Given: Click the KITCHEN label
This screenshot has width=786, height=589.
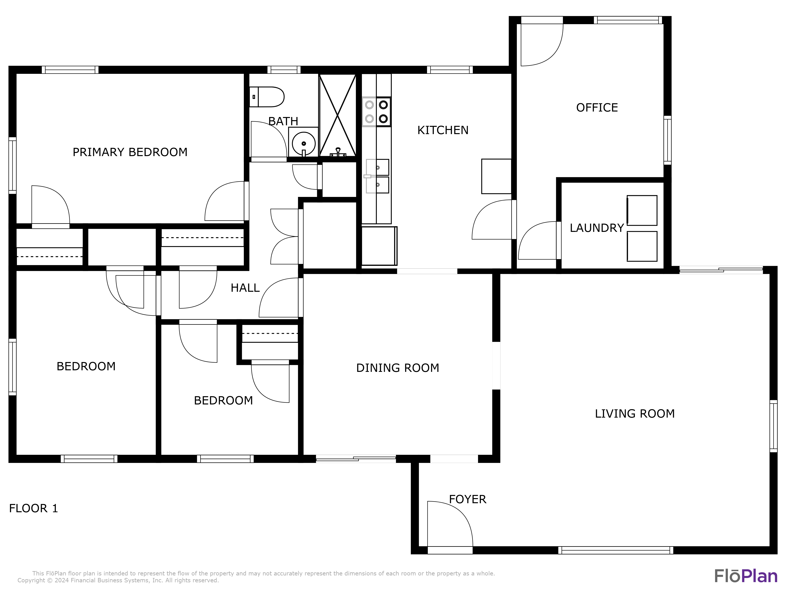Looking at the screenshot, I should [443, 130].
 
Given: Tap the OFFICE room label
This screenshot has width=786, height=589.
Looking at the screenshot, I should [597, 108].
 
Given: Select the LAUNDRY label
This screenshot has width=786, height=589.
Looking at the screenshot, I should [597, 228].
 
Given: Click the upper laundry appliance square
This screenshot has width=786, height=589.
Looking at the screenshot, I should [642, 210].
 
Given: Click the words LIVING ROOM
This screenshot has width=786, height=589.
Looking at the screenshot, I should [635, 414].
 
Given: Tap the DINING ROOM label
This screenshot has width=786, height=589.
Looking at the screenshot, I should [398, 368].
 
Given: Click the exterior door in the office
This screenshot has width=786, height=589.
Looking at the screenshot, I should [542, 43].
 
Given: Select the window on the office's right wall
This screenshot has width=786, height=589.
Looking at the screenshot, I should [667, 140].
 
